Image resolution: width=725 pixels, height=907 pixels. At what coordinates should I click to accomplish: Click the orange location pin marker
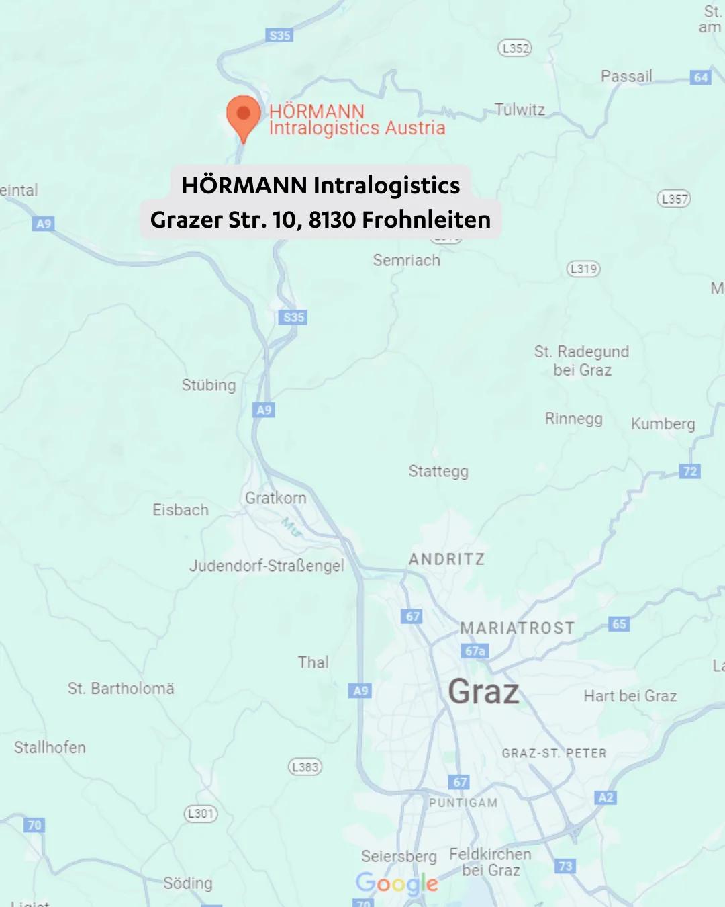coord(244,116)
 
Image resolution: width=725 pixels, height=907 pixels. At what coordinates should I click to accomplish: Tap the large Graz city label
coord(483,692)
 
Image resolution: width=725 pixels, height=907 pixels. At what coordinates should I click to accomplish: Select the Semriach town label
coord(407,261)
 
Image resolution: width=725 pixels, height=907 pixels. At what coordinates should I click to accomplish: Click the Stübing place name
coord(209,385)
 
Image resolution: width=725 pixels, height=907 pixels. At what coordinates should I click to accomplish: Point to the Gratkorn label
coord(275,498)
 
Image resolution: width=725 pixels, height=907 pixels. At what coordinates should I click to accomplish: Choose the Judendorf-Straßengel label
coord(267,566)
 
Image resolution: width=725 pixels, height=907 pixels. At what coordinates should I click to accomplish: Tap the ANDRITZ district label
coord(446,559)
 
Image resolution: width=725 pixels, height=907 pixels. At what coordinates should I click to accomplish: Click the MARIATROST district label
coord(517,628)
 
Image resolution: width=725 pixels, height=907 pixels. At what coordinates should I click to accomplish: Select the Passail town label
coord(626,76)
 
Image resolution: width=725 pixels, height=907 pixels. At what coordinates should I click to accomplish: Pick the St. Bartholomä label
coord(121,689)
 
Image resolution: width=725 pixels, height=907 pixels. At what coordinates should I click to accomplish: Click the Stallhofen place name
coord(50,747)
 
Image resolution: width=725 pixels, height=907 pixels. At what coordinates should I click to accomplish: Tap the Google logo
coord(397,883)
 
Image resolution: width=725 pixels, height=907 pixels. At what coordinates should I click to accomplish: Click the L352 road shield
coord(515,48)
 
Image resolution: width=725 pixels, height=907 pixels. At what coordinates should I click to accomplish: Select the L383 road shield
coord(305,767)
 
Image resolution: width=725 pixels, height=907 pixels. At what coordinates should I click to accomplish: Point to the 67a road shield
coord(475,651)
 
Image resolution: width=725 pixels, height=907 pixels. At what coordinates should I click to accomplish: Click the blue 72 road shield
coord(690,471)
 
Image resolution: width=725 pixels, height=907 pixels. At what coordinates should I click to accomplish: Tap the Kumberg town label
coord(663,424)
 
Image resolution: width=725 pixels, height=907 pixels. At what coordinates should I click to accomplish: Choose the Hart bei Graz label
coord(630,696)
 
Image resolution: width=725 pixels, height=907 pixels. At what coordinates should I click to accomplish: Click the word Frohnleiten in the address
coord(426,220)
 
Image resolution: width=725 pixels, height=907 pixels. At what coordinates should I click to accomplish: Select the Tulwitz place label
coord(520,110)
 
